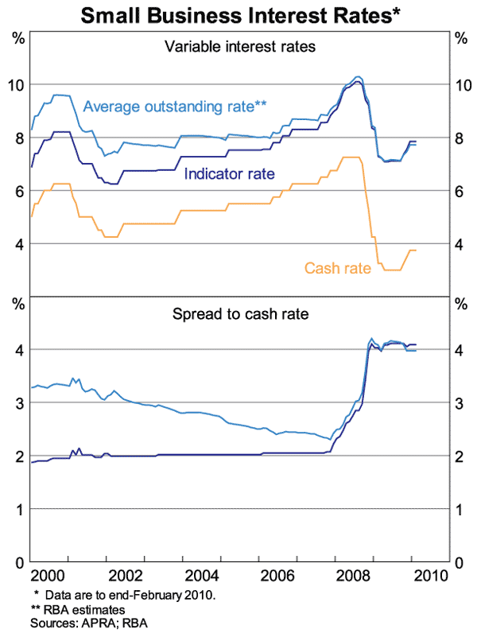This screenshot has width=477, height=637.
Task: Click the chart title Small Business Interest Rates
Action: click(x=239, y=15)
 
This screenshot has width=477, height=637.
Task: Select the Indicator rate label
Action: click(x=230, y=173)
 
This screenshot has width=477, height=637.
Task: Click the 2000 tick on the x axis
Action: click(x=49, y=575)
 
